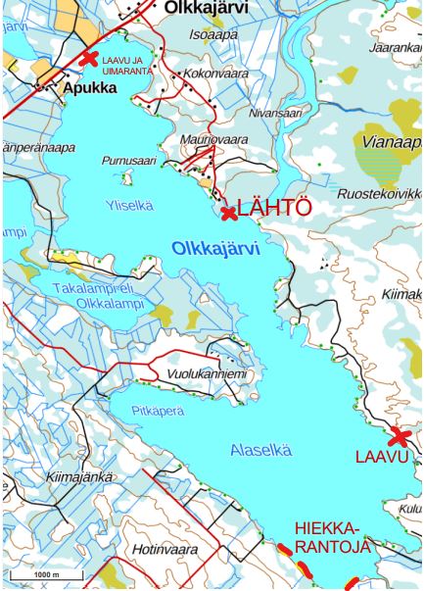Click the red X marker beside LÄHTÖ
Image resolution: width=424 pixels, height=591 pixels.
tap(228, 213)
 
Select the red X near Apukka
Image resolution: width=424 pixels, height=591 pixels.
tap(89, 59)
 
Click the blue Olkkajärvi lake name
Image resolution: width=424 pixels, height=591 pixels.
tap(216, 250)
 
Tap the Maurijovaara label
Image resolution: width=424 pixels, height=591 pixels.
tap(214, 140)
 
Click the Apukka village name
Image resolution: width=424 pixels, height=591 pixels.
tap(89, 87)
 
